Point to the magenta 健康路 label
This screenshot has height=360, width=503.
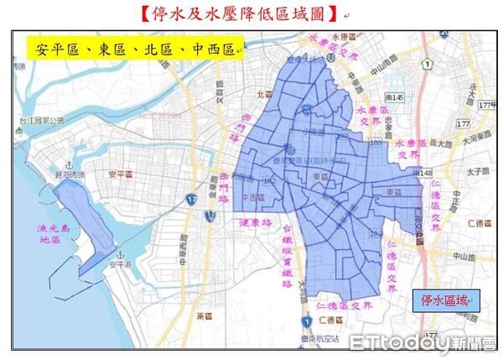[256, 223]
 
